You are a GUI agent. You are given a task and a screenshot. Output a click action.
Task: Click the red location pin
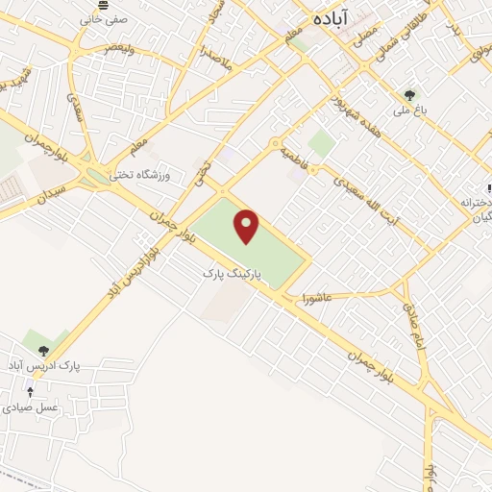click(x=249, y=227)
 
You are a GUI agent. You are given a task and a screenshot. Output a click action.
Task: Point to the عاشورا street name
click(x=315, y=296)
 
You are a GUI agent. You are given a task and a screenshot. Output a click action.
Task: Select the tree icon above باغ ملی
click(x=410, y=94)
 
